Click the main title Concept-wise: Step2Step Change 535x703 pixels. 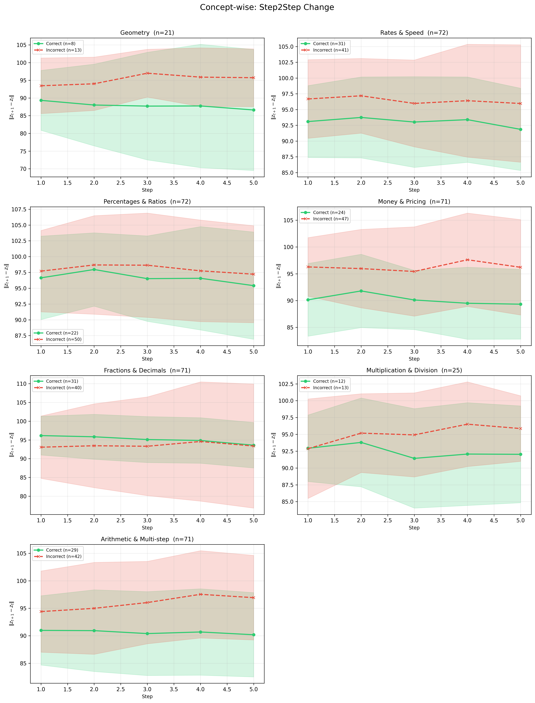tap(267, 7)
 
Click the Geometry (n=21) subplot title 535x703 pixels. tap(147, 33)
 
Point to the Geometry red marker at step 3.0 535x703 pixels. tap(147, 73)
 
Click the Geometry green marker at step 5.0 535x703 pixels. tap(253, 110)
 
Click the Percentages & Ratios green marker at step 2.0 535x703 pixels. tap(94, 270)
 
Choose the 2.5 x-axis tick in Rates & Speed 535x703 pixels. tap(388, 183)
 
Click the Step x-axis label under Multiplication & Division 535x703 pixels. tap(414, 528)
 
